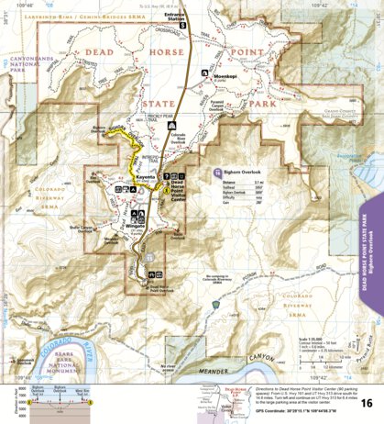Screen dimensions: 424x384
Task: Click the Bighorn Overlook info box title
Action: (x=244, y=171)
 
